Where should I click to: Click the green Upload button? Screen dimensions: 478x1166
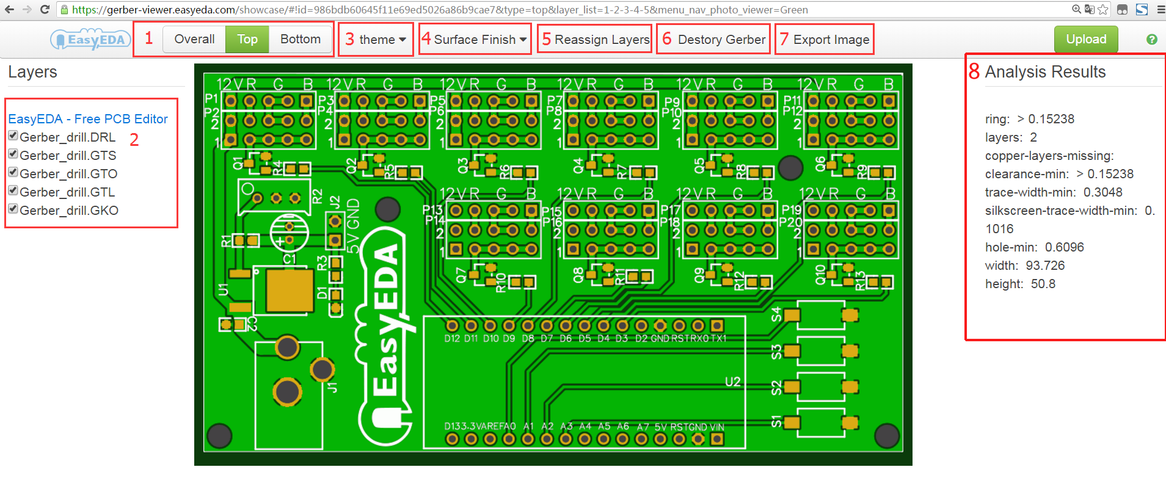(x=1085, y=39)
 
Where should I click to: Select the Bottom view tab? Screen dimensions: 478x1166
(x=300, y=39)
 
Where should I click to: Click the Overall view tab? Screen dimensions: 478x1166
(x=194, y=39)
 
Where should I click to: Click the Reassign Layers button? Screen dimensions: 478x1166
(x=602, y=40)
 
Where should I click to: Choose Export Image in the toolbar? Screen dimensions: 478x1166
(x=831, y=40)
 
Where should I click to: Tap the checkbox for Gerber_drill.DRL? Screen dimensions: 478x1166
(x=13, y=136)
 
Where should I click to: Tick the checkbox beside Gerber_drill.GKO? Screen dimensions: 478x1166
(x=13, y=209)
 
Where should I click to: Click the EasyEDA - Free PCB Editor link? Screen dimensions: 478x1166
(x=88, y=119)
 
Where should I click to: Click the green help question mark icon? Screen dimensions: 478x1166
(x=1151, y=39)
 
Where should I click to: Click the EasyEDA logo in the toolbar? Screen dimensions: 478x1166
(x=90, y=40)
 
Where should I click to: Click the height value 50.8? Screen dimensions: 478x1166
(x=1043, y=284)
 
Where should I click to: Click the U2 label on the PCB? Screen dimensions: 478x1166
(x=732, y=382)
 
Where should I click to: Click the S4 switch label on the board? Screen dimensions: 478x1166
(x=776, y=315)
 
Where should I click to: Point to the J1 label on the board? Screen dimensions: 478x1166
(x=333, y=387)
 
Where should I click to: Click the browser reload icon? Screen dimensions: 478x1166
(x=45, y=9)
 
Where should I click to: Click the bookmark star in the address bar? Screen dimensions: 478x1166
(x=1102, y=9)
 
